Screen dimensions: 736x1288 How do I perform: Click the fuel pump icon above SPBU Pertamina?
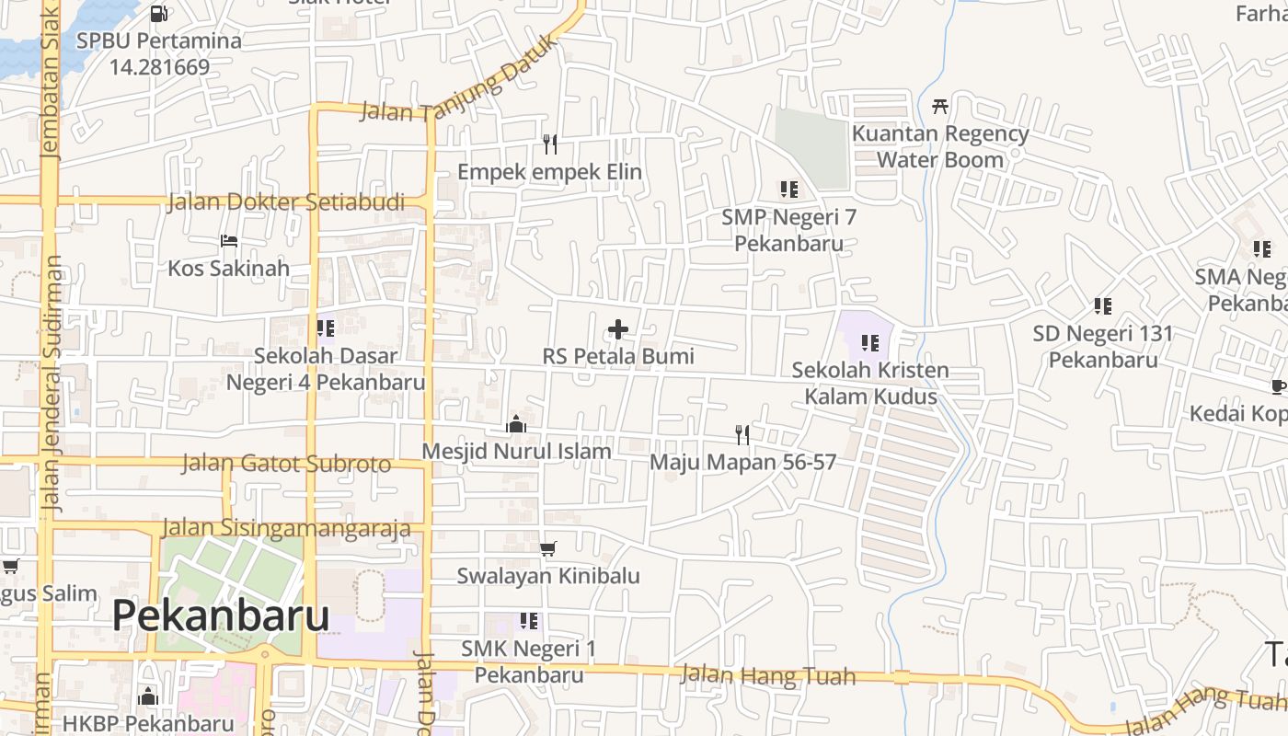158,14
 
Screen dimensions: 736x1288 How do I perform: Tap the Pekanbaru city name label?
221,615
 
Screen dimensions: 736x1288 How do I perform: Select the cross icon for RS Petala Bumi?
618,329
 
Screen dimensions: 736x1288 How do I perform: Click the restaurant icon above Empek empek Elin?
550,144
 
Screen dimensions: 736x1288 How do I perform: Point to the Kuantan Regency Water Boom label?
939,146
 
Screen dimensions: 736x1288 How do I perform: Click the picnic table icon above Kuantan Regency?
939,106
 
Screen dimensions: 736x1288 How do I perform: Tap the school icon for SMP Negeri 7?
788,190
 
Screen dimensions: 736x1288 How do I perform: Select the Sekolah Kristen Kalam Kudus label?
870,384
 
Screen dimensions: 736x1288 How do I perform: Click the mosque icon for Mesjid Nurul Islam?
516,424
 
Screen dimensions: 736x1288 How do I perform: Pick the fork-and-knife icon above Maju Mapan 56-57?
742,434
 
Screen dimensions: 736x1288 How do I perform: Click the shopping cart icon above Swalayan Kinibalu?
548,549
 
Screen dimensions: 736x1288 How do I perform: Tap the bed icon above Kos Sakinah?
229,241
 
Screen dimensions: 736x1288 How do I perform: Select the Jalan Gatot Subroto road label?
286,463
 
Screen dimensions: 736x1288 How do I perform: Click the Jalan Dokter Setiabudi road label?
286,202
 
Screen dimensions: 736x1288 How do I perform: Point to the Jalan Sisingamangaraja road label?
286,528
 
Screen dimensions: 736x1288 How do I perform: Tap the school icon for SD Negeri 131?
1102,305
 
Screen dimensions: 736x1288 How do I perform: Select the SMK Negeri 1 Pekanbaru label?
528,661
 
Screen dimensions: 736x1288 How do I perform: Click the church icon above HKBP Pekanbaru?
148,696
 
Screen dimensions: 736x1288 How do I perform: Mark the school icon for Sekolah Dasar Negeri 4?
325,328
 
